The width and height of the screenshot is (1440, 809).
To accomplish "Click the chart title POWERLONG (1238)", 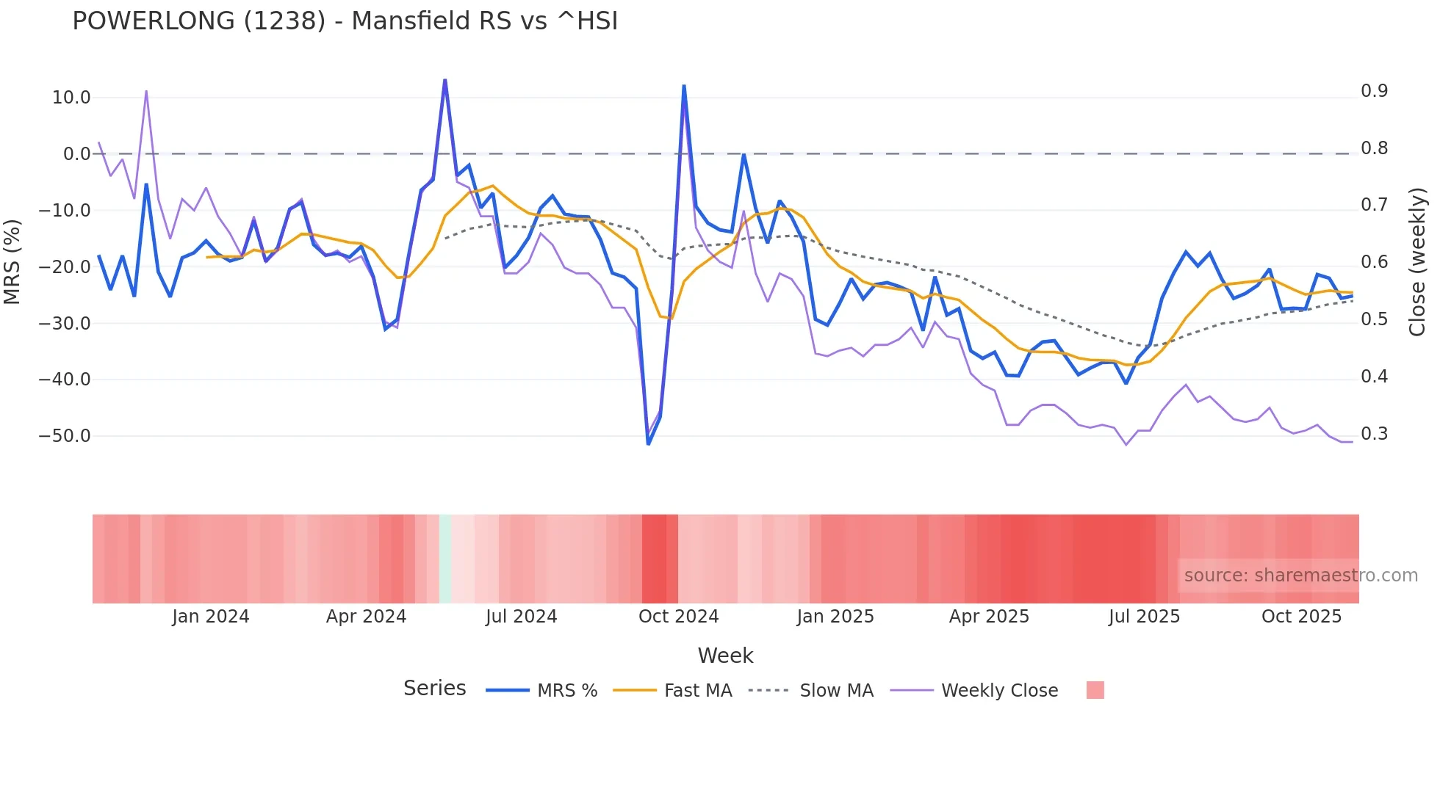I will (345, 21).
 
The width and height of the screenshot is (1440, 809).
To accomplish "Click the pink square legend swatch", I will (1095, 690).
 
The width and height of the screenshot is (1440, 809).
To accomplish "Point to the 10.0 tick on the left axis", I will (71, 98).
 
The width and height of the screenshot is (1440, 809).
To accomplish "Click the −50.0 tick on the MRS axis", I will (65, 436).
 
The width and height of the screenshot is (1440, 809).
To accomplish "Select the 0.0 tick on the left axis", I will (76, 154).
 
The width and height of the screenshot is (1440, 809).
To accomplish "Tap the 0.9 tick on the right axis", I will (1374, 91).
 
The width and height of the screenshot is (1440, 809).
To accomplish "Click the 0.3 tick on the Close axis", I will (1374, 434).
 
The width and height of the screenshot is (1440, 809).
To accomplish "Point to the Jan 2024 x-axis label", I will (211, 617).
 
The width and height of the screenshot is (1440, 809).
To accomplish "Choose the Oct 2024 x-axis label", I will (678, 617).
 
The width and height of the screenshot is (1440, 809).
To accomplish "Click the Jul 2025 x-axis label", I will (1144, 617).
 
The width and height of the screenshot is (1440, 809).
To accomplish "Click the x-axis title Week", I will (725, 656).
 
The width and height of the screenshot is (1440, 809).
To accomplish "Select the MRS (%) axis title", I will (12, 262).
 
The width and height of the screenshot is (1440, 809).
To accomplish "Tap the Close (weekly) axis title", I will (1417, 262).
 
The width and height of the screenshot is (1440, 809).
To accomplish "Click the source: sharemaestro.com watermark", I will (1300, 576).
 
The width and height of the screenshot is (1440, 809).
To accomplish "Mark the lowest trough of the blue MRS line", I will (648, 443).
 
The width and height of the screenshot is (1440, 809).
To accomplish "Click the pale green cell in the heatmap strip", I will (445, 559).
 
